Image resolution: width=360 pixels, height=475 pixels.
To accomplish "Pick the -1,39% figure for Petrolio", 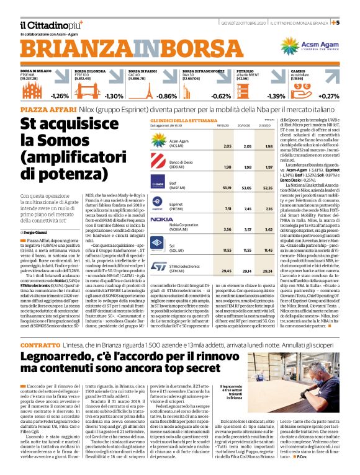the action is [x=276, y=96].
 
